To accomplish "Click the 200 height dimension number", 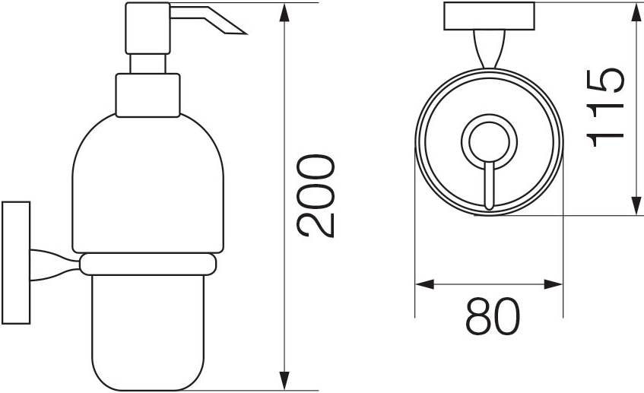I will point(316,196).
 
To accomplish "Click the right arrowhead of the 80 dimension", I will point(554,285).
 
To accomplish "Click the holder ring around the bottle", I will point(148,264).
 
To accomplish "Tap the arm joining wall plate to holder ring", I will point(55,263).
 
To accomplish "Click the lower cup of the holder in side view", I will point(148,327).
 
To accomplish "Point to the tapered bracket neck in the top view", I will point(489,49).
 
